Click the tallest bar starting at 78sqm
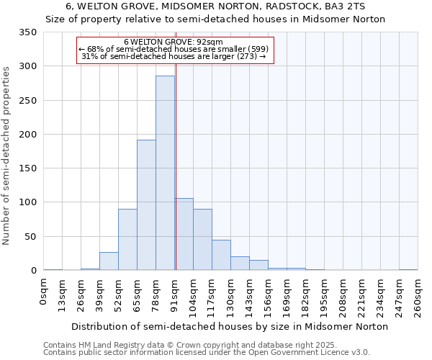(x=165, y=173)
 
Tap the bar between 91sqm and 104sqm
(x=184, y=234)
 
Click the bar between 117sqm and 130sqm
(x=221, y=255)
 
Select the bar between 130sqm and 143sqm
(x=240, y=264)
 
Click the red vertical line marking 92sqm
(x=176, y=180)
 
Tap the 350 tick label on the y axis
(x=28, y=32)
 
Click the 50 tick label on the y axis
(x=31, y=237)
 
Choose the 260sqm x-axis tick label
(x=418, y=295)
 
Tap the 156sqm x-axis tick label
(x=268, y=295)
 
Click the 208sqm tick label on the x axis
(x=343, y=295)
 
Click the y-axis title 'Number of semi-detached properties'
(x=6, y=155)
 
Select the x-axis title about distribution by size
(x=230, y=326)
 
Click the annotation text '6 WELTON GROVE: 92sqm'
(x=173, y=42)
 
